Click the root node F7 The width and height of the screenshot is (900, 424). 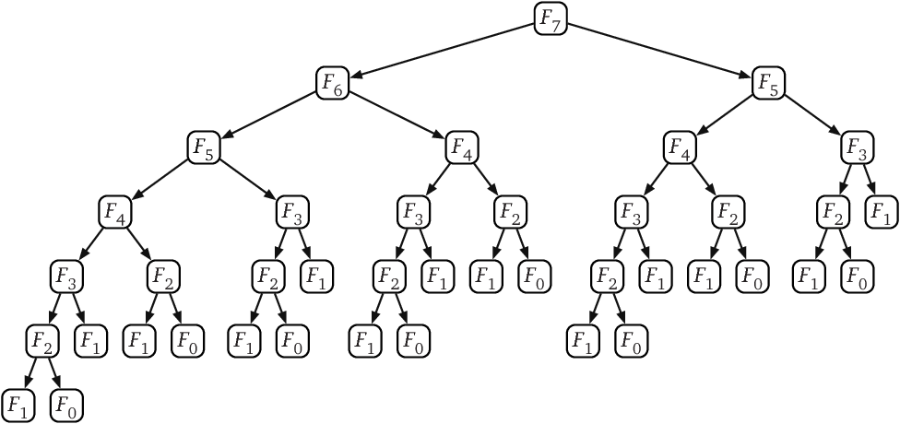(550, 18)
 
